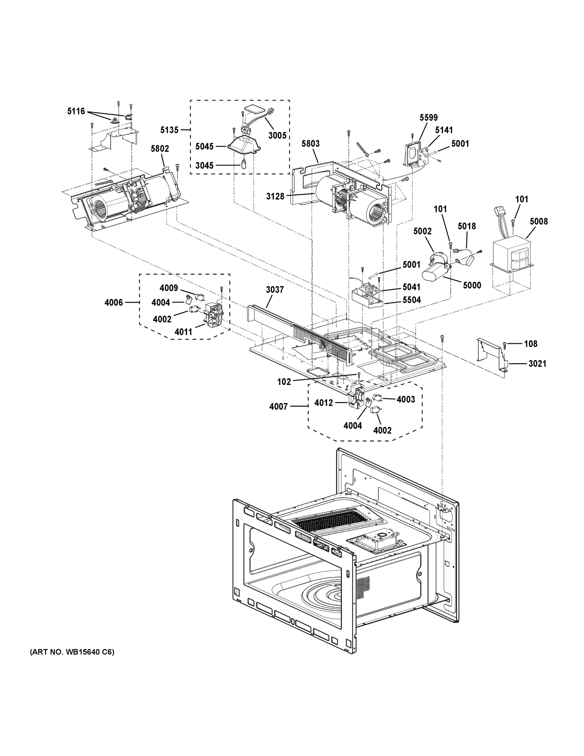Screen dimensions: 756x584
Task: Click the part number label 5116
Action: click(x=76, y=112)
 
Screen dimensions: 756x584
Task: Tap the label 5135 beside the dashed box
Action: click(x=169, y=130)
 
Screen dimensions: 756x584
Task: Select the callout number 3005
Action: click(x=277, y=135)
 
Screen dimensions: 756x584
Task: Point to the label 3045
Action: click(x=204, y=165)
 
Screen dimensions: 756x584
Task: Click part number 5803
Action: click(x=310, y=143)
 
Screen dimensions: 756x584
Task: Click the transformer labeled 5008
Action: click(x=511, y=257)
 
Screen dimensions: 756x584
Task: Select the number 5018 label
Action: click(x=467, y=226)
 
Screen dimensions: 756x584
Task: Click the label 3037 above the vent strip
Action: click(x=275, y=289)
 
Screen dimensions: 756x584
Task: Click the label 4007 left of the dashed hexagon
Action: click(x=279, y=406)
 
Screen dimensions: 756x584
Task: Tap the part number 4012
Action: click(x=324, y=403)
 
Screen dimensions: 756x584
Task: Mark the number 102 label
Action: click(x=284, y=381)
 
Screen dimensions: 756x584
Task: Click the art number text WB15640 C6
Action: click(x=72, y=652)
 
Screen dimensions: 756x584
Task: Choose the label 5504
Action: click(x=411, y=300)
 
